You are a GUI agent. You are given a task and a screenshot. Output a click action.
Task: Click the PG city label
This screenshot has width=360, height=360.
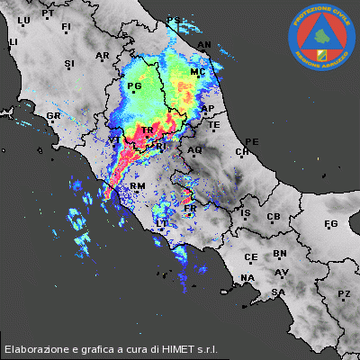click(x=136, y=87)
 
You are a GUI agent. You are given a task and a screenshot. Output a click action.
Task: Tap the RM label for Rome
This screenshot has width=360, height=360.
click(x=138, y=186)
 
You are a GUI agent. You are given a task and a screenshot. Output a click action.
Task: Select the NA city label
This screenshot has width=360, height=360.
click(x=247, y=277)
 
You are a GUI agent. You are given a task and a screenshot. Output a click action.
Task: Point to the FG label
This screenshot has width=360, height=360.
click(x=330, y=223)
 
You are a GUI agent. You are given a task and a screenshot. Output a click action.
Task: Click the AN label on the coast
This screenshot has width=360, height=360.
click(x=204, y=44)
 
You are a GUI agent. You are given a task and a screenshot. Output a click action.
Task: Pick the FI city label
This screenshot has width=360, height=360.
click(x=66, y=28)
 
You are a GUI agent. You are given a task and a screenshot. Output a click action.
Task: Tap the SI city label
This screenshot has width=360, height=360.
click(x=69, y=64)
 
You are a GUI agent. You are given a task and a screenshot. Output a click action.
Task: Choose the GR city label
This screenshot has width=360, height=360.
click(x=53, y=116)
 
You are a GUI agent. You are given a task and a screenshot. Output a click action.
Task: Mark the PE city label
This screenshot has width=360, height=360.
click(x=252, y=142)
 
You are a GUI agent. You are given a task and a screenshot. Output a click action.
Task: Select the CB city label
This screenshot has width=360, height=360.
click(x=274, y=217)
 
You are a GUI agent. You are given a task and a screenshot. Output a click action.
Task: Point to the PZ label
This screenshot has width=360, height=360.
click(x=344, y=294)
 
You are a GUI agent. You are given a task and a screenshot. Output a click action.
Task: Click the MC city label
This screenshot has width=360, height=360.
click(x=198, y=72)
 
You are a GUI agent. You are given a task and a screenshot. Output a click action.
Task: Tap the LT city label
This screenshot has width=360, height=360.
click(x=163, y=222)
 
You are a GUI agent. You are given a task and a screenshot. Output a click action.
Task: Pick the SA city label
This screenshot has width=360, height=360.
click(x=279, y=292)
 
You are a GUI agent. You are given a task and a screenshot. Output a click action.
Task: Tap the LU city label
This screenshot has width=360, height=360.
click(x=24, y=20)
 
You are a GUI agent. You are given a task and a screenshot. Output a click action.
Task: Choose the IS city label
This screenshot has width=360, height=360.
click(x=245, y=213)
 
